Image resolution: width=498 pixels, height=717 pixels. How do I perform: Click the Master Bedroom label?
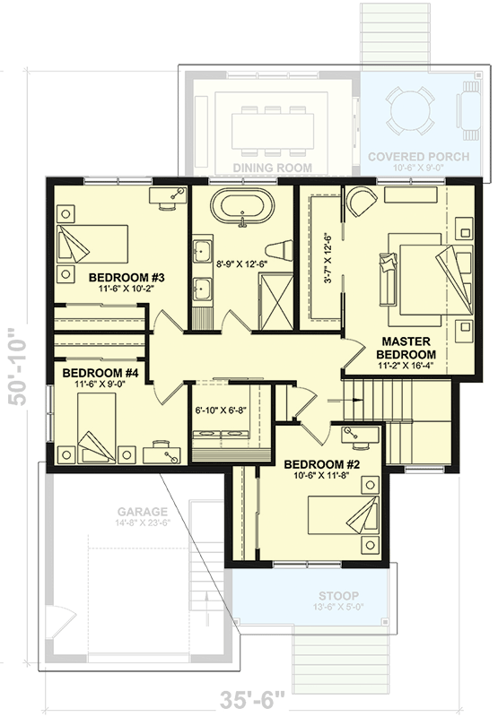coord(407,349)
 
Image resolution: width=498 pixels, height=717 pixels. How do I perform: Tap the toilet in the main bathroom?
coord(281,246)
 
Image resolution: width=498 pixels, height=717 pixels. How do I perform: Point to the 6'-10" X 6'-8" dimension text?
coord(221,411)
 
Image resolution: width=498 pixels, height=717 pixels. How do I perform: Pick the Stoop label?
coord(312,595)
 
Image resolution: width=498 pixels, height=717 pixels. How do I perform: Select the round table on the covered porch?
coord(410,112)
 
